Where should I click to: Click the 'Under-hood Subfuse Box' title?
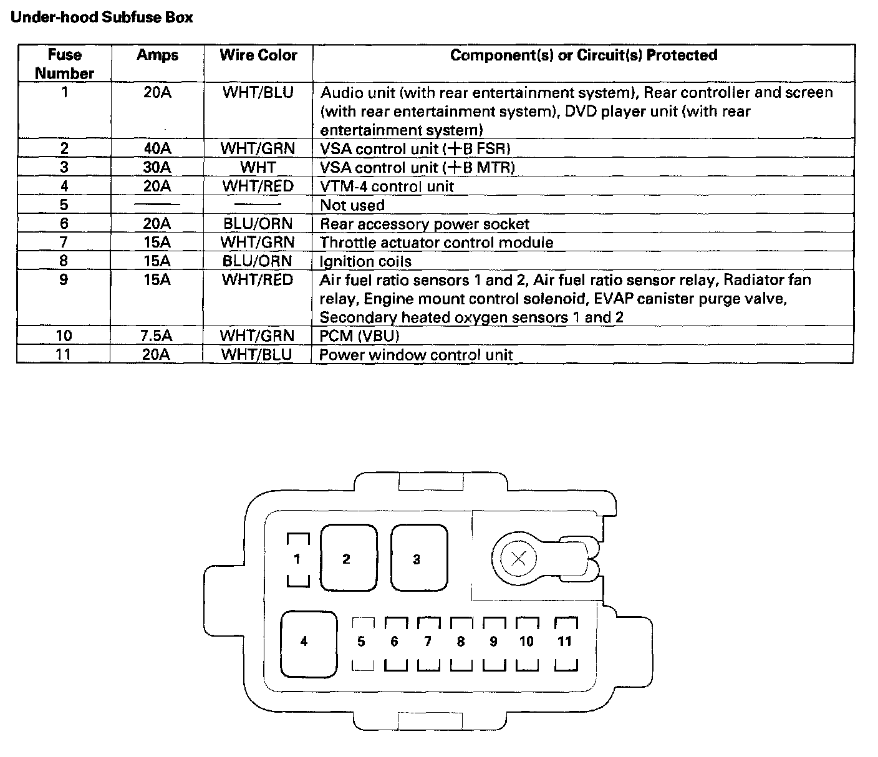point(102,17)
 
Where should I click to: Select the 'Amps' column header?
point(157,55)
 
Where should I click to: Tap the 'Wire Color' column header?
point(258,55)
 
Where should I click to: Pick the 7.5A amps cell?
point(156,335)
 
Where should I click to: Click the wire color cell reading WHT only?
point(258,167)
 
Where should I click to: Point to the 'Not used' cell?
point(352,205)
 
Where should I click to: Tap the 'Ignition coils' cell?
point(365,261)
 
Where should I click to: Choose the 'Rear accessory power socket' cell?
point(424,224)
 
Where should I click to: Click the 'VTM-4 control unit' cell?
point(387,186)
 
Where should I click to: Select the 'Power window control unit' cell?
point(416,355)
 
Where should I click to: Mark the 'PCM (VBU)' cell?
point(359,336)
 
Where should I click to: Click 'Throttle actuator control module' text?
point(436,243)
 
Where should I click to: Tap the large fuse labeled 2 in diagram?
point(348,559)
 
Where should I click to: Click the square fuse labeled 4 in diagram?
point(308,644)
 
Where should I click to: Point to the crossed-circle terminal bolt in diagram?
point(518,559)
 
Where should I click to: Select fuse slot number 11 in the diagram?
point(565,643)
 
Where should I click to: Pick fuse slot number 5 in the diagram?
point(362,643)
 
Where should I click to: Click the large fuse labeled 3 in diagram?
point(418,559)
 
